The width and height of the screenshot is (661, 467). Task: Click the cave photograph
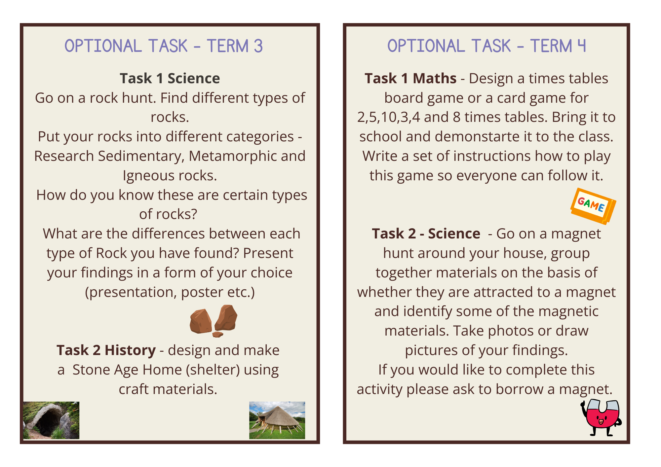click(x=51, y=420)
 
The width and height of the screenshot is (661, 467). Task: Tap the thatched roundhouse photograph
click(x=277, y=420)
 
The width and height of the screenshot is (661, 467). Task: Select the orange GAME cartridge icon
click(x=593, y=206)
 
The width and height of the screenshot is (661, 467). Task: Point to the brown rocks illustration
click(x=214, y=321)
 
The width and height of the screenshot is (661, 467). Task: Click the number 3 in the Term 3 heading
click(x=258, y=46)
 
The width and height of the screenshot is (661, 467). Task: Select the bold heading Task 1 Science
click(x=170, y=78)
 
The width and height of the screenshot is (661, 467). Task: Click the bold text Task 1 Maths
click(x=410, y=78)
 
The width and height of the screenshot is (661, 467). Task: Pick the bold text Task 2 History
click(x=106, y=350)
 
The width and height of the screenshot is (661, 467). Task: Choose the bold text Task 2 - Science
click(x=426, y=234)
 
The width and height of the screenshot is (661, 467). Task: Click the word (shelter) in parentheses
click(x=213, y=370)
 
